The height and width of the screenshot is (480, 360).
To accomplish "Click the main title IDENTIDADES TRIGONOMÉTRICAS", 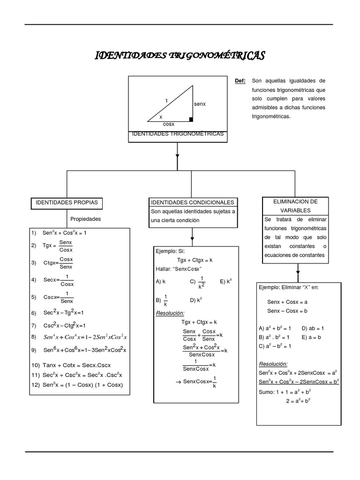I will (x=180, y=56).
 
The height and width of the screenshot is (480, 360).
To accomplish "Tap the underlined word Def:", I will (x=240, y=81).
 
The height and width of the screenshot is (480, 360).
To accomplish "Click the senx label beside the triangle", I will (x=200, y=104).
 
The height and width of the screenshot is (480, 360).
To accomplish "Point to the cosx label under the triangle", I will (x=168, y=124).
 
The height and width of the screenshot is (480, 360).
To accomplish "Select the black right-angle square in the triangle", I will (x=191, y=120).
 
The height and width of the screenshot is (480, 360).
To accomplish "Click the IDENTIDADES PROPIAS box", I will (x=67, y=202).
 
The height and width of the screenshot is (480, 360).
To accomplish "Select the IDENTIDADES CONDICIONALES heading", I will (x=192, y=202).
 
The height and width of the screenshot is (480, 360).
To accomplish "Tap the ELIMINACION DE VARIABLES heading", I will (x=295, y=206).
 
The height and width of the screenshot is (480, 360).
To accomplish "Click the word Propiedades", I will (x=86, y=219).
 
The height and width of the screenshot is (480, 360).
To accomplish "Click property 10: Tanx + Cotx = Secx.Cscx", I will (x=77, y=365).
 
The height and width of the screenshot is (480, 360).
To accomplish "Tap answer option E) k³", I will (x=226, y=282).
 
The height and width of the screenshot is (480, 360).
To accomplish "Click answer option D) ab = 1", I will (x=313, y=328).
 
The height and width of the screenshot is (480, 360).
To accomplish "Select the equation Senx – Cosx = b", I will (x=287, y=311).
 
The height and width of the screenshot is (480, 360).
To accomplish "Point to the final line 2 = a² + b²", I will (x=299, y=401).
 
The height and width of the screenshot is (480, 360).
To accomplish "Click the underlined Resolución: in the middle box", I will (x=170, y=313).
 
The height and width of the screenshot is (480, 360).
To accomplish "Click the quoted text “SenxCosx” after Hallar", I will (x=187, y=269).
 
